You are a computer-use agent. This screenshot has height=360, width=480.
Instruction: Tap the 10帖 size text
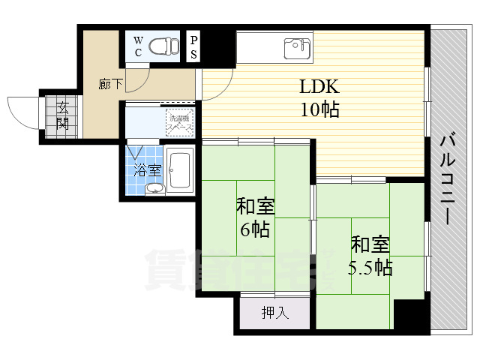click(x=319, y=110)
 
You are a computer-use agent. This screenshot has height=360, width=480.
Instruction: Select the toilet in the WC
click(x=163, y=46)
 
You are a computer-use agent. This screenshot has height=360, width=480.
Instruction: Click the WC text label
click(x=139, y=46)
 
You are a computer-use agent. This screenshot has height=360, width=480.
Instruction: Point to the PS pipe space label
click(x=193, y=46)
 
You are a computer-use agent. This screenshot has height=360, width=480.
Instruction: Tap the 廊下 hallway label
click(x=109, y=84)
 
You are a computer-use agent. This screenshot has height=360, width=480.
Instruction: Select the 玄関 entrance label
click(x=62, y=117)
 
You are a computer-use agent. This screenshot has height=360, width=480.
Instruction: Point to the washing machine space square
click(x=180, y=122)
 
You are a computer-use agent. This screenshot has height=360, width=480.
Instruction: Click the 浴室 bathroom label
click(x=147, y=170)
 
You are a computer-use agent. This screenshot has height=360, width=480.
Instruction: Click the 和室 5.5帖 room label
click(x=370, y=255)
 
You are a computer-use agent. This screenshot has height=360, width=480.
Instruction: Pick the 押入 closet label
click(x=274, y=313)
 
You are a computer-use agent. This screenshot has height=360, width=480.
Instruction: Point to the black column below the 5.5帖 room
click(x=409, y=316)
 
